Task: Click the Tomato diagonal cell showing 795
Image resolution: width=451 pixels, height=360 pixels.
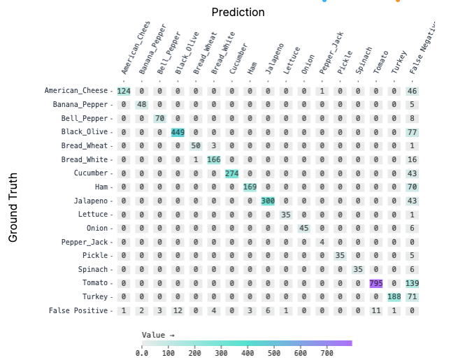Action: (376, 283)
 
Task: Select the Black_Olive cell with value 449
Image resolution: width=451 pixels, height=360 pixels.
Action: (178, 132)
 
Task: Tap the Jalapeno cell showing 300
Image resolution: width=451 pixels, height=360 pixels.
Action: (268, 201)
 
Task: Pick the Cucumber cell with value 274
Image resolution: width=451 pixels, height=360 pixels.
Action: (232, 173)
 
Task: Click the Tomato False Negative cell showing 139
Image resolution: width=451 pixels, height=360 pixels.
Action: (412, 283)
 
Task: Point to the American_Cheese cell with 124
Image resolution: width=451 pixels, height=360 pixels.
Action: (124, 91)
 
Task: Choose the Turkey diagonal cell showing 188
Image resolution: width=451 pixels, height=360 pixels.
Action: (394, 296)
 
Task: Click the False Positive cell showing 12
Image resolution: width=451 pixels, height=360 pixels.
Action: (178, 310)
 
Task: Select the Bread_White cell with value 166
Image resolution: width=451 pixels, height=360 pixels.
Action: (214, 159)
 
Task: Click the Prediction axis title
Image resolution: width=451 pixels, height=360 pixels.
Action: (238, 13)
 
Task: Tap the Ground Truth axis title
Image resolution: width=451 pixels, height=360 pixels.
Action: (13, 208)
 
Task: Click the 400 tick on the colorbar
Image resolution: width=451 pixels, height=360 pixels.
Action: (248, 353)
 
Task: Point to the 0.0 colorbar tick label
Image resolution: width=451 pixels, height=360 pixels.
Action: (142, 353)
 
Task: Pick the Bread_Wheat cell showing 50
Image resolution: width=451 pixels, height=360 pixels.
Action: (196, 146)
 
